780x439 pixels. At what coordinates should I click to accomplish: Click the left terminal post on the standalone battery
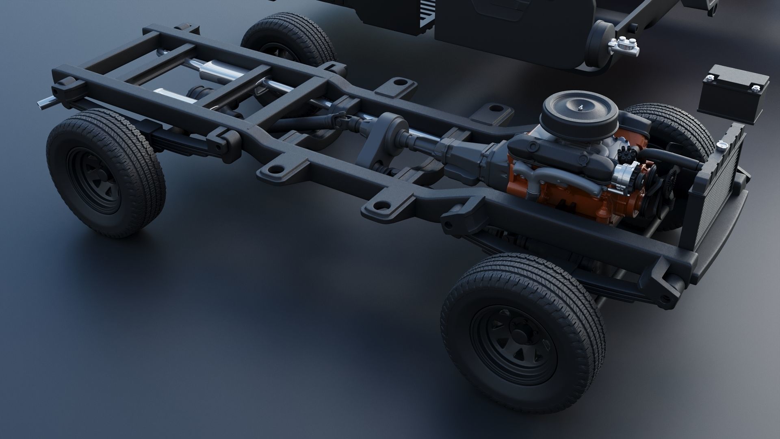(x=711, y=77)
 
